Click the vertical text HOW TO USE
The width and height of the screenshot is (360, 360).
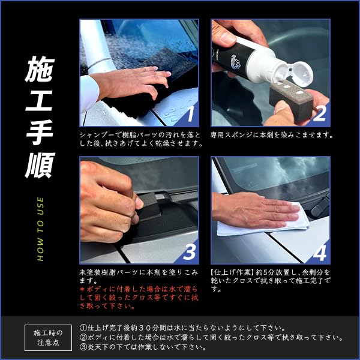tap(40, 228)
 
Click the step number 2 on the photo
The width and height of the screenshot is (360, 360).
tap(319, 113)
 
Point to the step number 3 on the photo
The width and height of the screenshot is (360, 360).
tap(189, 251)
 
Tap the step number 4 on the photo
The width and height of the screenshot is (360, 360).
tap(319, 251)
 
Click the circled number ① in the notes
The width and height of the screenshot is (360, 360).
tap(83, 328)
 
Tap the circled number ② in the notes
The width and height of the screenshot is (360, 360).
tap(83, 337)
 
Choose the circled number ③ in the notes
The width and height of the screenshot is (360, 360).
tap(83, 347)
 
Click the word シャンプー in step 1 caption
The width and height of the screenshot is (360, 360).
tap(95, 135)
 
